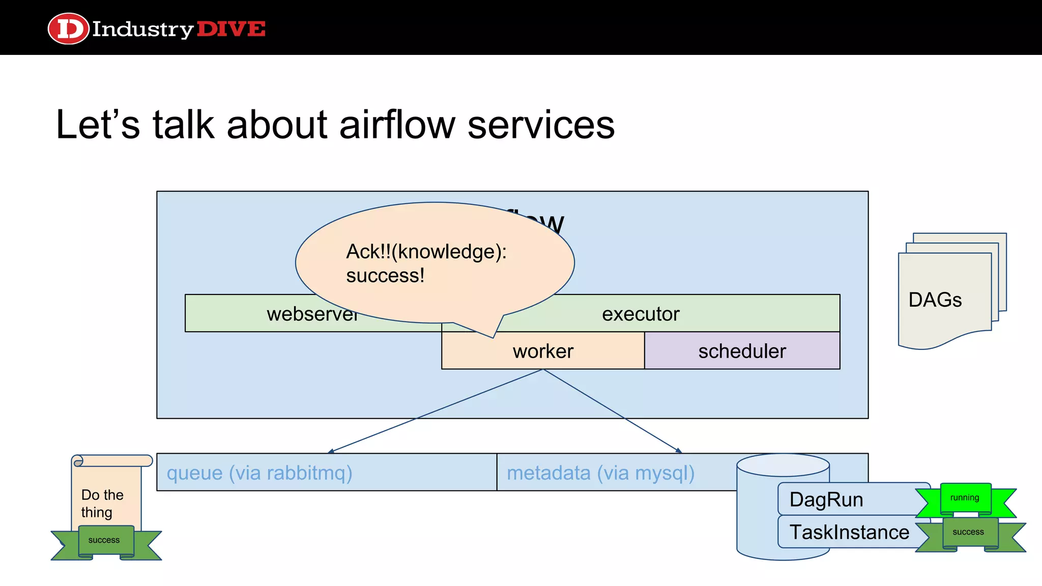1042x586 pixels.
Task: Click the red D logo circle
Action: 68,28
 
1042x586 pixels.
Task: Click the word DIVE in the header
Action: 230,29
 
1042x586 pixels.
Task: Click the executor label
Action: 640,314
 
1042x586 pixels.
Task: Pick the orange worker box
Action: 543,351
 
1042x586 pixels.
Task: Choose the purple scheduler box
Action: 742,351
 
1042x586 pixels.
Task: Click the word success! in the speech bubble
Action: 385,276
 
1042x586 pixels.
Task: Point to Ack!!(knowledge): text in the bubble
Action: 426,252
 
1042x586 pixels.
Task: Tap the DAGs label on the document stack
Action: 935,300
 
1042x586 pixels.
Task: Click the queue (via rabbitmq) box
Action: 259,473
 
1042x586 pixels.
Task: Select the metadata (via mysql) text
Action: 600,473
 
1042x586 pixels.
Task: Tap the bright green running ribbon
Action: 965,498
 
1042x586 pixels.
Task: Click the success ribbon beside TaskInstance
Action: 968,533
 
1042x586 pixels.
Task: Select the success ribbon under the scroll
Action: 104,541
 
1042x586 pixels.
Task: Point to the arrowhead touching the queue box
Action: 331,451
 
